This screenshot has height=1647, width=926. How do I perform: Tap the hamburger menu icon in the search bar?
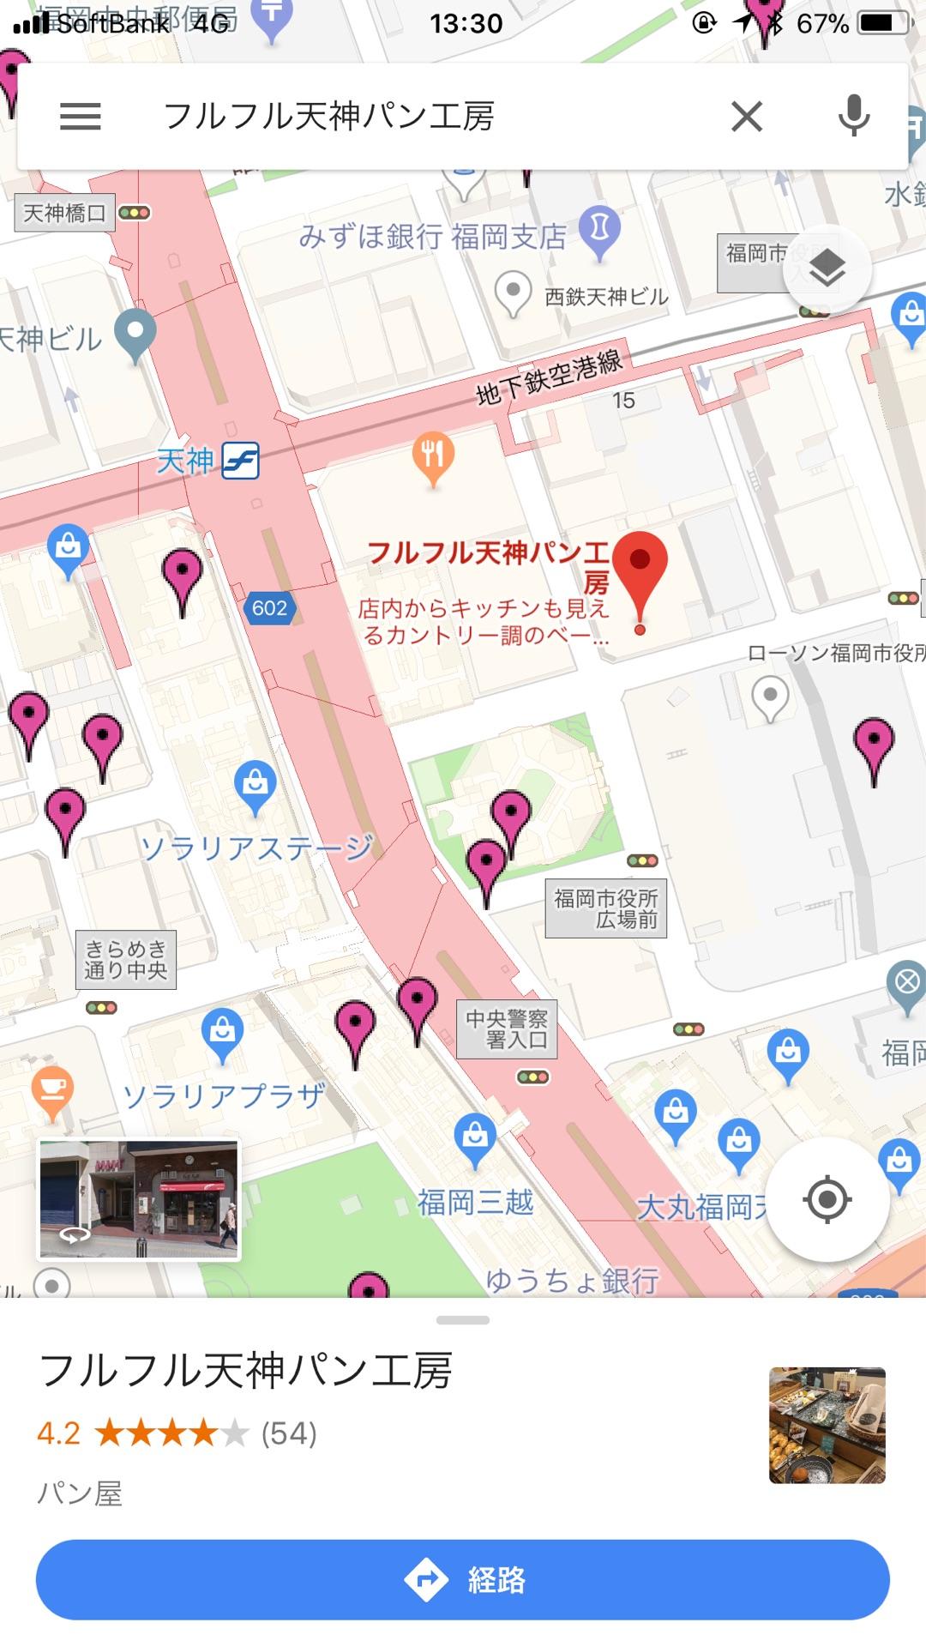click(81, 116)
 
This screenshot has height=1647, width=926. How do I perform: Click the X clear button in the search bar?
click(747, 116)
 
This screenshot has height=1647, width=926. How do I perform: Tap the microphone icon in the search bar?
click(854, 116)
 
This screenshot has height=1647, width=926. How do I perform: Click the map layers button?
click(827, 268)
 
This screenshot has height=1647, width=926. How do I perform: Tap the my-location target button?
click(827, 1199)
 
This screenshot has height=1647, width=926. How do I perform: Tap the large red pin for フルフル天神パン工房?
click(640, 570)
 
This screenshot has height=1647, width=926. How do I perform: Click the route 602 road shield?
click(269, 608)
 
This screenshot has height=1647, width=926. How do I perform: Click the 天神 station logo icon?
click(241, 462)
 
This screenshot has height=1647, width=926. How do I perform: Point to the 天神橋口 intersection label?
click(64, 213)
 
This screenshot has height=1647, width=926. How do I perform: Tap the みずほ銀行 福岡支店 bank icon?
click(599, 227)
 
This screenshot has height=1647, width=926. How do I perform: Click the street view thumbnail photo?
click(139, 1199)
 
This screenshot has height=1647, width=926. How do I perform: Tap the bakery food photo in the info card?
click(827, 1425)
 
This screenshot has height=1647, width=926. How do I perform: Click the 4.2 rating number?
click(58, 1433)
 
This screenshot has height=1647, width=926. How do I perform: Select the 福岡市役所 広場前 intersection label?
click(605, 908)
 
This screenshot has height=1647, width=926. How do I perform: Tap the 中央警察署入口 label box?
click(506, 1029)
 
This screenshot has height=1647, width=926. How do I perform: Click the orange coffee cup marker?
click(52, 1089)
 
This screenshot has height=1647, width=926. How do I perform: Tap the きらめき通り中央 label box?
click(126, 959)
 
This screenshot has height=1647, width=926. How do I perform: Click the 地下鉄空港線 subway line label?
click(550, 377)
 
